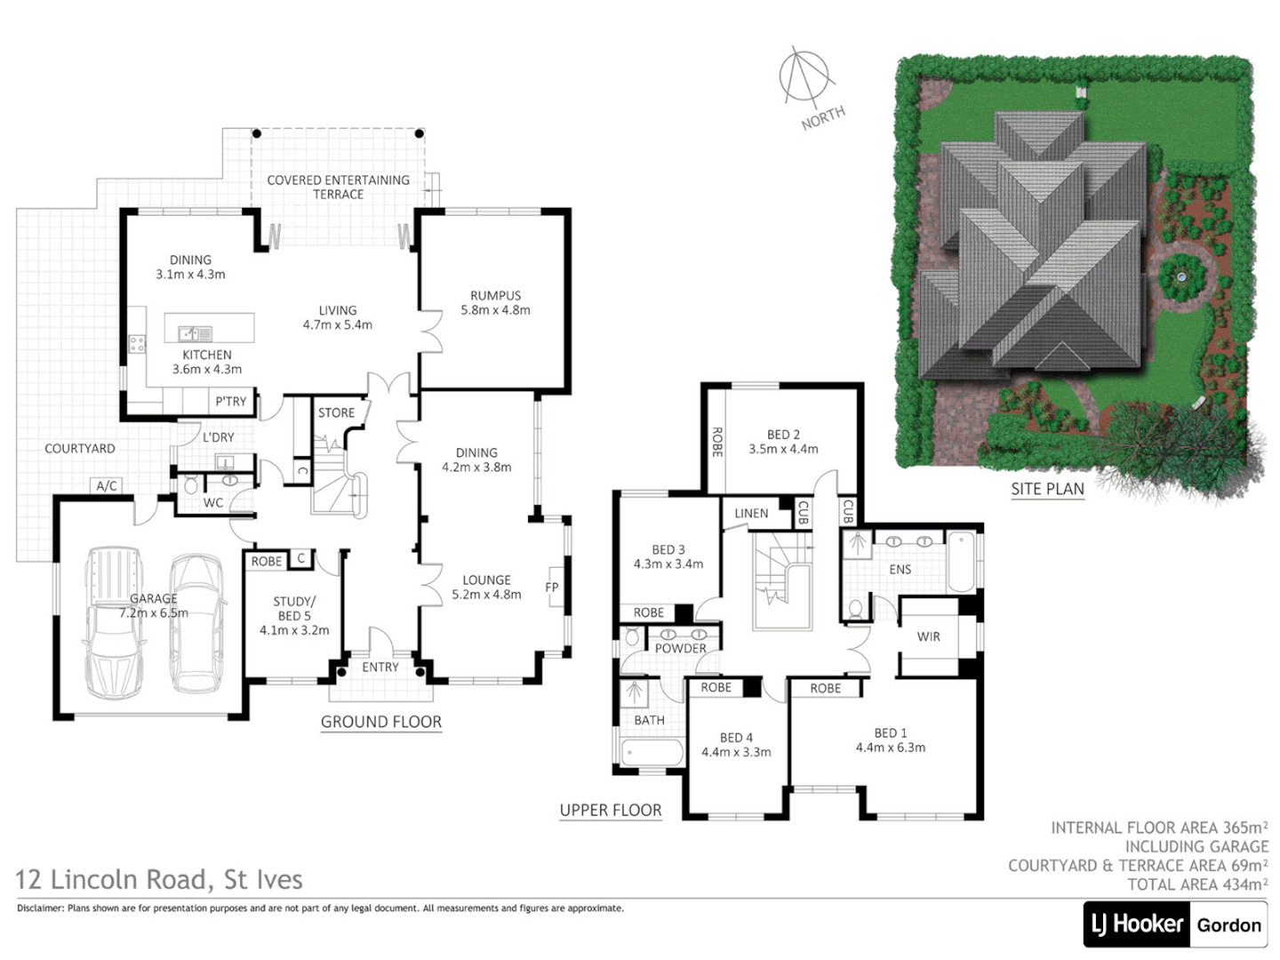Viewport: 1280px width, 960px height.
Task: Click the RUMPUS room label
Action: click(495, 295)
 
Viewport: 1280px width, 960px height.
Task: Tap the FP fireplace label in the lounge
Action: click(551, 587)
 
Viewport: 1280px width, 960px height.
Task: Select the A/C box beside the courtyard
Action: click(107, 485)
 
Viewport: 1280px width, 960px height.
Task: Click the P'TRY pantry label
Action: click(231, 402)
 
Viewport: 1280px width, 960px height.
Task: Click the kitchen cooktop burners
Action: click(136, 342)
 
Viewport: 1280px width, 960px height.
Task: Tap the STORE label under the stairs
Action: click(336, 412)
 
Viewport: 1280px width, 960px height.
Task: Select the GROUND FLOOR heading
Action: click(380, 722)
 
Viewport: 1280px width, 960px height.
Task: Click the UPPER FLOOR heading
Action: click(611, 810)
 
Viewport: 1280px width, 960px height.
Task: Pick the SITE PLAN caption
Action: click(1047, 488)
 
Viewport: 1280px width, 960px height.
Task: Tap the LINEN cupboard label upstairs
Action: click(751, 513)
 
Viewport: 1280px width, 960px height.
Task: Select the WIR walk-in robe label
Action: click(928, 636)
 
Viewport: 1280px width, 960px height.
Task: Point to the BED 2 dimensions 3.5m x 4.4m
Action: click(783, 449)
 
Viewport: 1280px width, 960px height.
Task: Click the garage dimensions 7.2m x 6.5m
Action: click(154, 612)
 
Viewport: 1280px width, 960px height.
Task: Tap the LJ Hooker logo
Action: click(1137, 924)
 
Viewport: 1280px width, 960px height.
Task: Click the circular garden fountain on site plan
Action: click(1181, 277)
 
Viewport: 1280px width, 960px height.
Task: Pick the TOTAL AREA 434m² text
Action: click(1197, 884)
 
